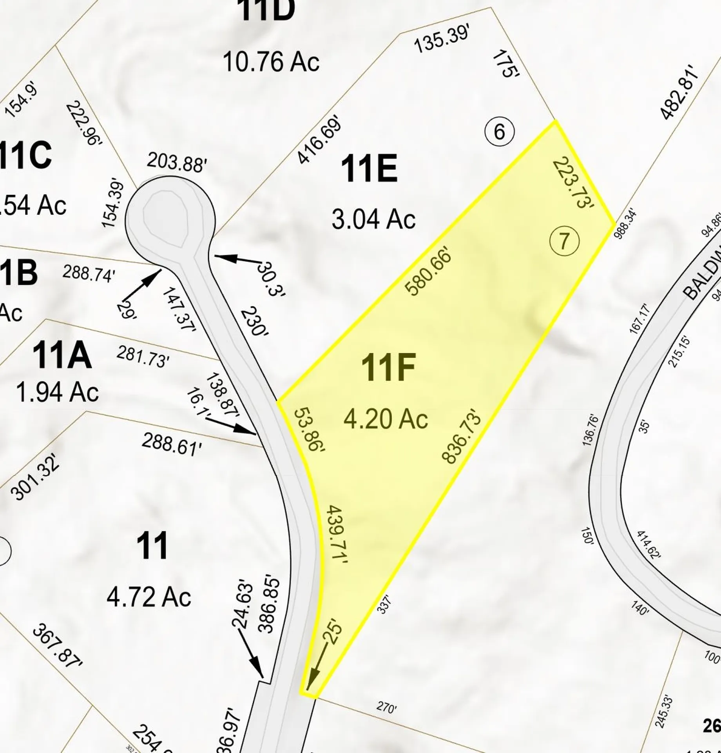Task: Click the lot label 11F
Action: click(x=388, y=367)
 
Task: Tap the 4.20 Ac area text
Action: click(x=386, y=420)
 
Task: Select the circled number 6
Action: click(x=499, y=131)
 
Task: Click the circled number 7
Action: click(x=564, y=241)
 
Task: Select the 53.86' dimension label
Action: click(x=310, y=431)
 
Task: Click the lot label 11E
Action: click(x=369, y=169)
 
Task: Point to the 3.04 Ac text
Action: click(x=373, y=219)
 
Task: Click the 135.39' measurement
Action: click(x=442, y=40)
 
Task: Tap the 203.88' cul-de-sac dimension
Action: click(x=176, y=163)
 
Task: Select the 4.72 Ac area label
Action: click(x=149, y=597)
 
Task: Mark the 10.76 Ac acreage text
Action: click(x=271, y=62)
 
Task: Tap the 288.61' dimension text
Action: click(x=172, y=444)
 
